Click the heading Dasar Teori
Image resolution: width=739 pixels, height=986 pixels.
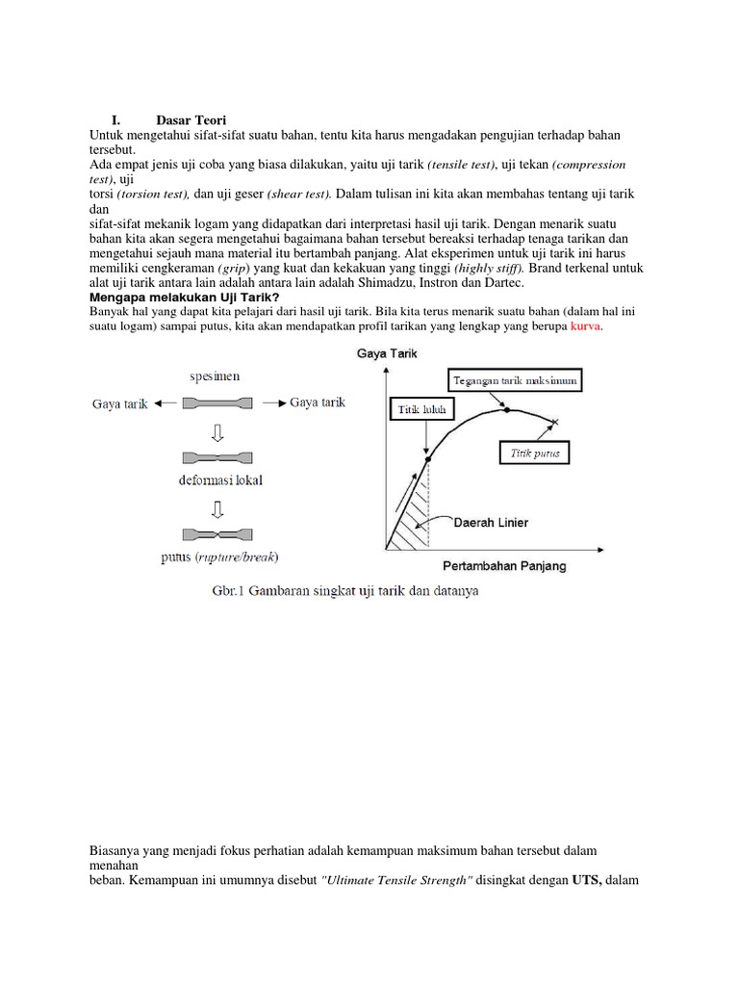click(x=191, y=120)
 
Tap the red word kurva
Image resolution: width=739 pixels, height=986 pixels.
click(x=585, y=328)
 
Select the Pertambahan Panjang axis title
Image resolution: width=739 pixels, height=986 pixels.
click(x=504, y=565)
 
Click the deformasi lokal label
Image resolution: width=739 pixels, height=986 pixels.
click(x=217, y=479)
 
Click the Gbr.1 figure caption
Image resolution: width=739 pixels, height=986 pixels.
click(x=344, y=590)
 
